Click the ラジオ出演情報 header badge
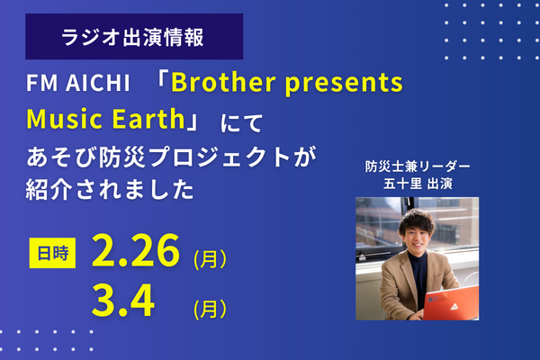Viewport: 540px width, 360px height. [134, 37]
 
